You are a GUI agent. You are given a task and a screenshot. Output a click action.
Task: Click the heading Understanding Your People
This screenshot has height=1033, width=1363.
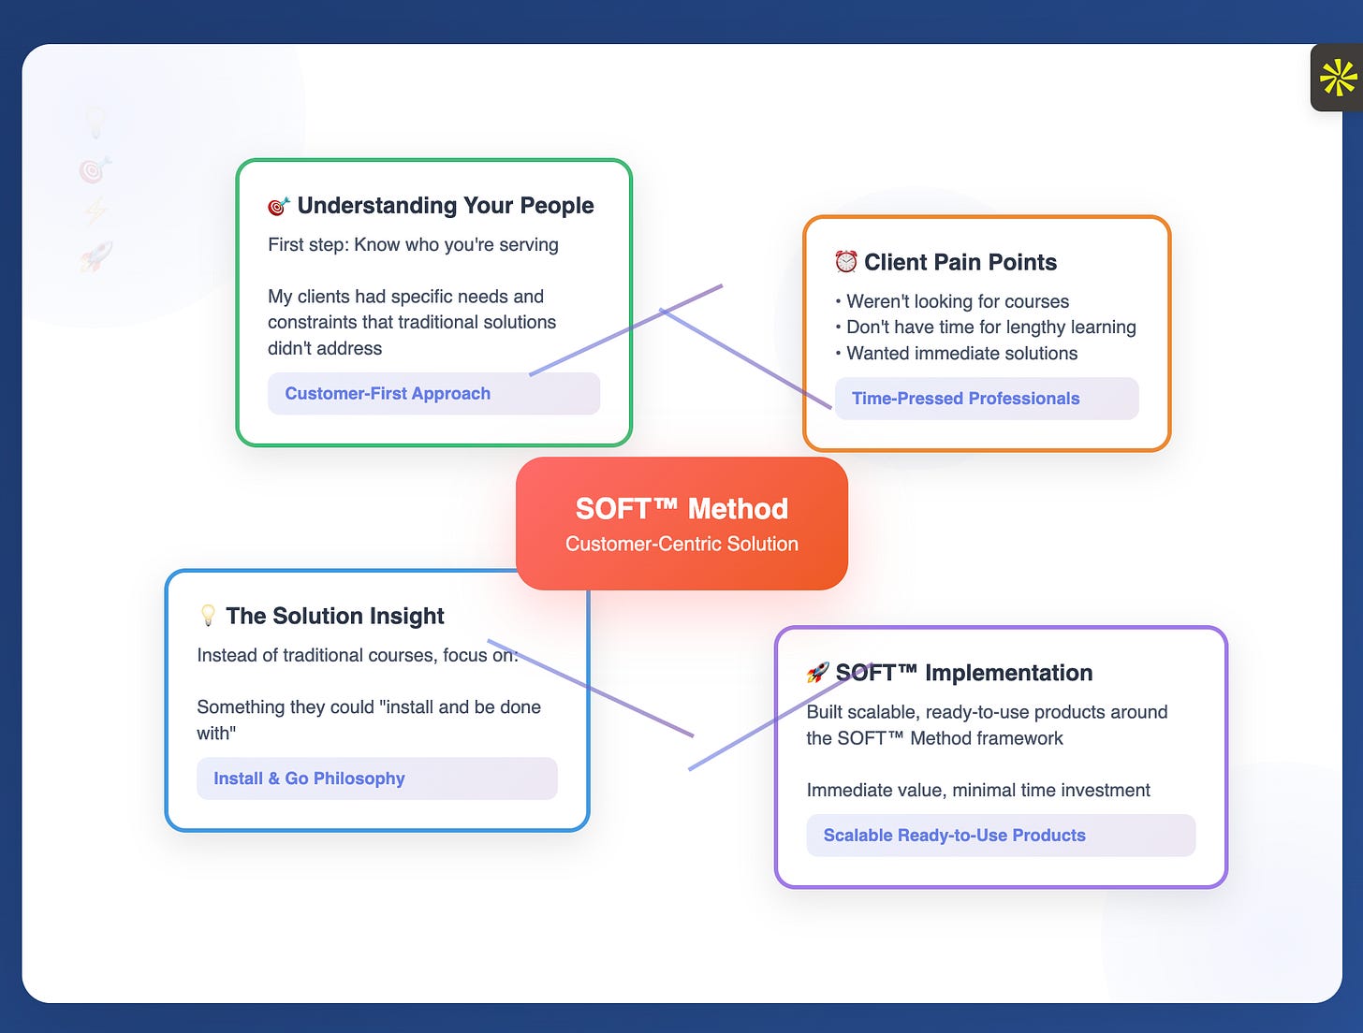click(446, 206)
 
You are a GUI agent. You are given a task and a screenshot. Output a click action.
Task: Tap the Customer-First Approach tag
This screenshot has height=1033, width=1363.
click(388, 394)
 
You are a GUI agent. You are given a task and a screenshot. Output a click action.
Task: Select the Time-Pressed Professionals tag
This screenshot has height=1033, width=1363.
click(965, 399)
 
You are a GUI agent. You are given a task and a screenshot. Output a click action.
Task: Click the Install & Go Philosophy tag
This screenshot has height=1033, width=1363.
click(309, 778)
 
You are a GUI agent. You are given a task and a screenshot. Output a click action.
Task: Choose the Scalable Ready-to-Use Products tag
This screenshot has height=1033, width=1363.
click(954, 836)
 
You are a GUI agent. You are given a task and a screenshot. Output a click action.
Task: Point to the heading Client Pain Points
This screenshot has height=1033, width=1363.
click(960, 262)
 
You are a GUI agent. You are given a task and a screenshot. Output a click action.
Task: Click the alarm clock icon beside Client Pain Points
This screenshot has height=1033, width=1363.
click(845, 262)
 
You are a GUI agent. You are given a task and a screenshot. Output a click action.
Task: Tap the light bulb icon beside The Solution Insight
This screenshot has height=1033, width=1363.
click(208, 616)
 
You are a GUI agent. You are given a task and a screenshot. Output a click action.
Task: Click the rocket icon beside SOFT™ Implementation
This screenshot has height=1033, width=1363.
click(817, 673)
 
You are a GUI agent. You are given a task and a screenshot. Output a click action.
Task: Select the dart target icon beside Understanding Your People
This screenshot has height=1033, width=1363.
click(278, 206)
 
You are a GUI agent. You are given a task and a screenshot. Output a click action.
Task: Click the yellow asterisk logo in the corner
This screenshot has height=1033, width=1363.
click(1338, 78)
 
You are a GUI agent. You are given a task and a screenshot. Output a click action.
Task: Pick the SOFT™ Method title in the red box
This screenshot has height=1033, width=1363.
click(681, 508)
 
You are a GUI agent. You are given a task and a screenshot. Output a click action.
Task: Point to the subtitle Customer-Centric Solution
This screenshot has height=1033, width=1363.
click(681, 544)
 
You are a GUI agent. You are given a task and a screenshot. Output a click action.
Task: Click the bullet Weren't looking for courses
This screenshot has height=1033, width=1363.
click(957, 301)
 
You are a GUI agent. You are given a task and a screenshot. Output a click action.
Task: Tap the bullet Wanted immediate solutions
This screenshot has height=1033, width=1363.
click(961, 354)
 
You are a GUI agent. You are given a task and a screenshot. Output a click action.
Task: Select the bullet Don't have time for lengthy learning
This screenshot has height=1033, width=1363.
click(990, 327)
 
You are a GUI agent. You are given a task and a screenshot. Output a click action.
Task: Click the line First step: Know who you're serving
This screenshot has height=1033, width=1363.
click(413, 245)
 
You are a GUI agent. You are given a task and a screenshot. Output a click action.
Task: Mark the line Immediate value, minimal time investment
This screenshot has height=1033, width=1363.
click(978, 791)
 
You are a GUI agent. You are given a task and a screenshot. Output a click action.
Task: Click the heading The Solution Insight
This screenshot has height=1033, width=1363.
click(335, 616)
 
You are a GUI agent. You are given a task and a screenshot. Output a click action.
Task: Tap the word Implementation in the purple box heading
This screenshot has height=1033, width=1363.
click(1008, 673)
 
